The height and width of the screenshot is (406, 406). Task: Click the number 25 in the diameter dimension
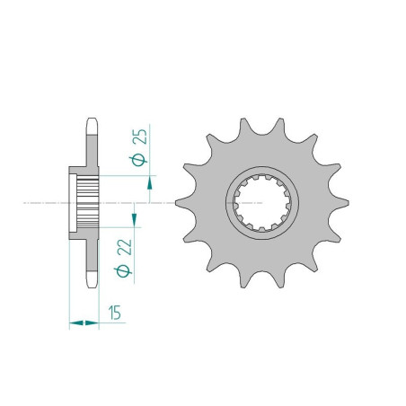click(x=141, y=137)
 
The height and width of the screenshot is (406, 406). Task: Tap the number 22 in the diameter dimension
click(x=125, y=247)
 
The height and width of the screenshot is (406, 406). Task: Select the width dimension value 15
click(x=115, y=313)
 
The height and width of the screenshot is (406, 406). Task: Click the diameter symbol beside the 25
click(x=138, y=160)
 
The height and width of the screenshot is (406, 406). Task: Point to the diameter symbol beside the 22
click(x=123, y=271)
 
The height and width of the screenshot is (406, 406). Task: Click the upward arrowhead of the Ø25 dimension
click(x=149, y=182)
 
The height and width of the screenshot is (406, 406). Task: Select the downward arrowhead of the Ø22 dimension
click(x=134, y=220)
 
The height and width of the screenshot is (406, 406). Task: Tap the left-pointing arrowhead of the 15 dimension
click(x=76, y=322)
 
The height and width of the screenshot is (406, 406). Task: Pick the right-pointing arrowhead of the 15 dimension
click(x=92, y=322)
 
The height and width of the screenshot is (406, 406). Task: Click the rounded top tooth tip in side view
click(x=92, y=126)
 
